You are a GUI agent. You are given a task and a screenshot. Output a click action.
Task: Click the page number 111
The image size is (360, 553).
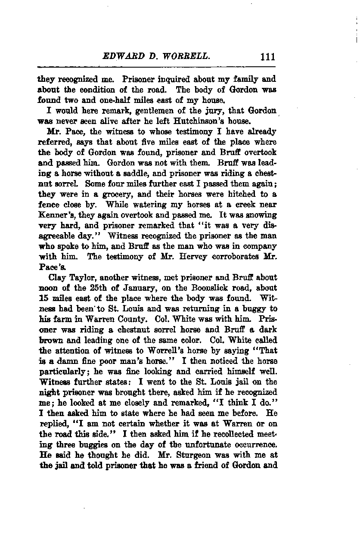coord(267,56)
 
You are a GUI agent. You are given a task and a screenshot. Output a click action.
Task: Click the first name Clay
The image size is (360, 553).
coord(57,278)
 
